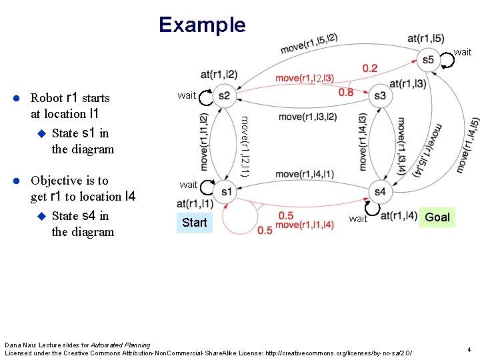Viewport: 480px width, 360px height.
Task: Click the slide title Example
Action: point(202,25)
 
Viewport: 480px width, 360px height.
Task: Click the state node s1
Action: point(226,192)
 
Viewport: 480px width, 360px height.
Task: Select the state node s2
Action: point(224,96)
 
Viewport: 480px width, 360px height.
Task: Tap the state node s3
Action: point(380,96)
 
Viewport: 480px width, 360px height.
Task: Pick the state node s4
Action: point(380,192)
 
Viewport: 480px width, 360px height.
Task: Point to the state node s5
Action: point(428,60)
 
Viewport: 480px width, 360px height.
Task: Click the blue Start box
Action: point(195,222)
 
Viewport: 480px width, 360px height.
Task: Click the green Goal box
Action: point(437,217)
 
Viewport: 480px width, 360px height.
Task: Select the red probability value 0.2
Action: point(370,68)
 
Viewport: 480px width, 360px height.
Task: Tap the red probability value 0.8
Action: point(346,92)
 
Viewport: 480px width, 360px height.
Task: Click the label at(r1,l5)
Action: point(427,38)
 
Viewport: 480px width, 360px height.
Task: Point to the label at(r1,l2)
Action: point(219,73)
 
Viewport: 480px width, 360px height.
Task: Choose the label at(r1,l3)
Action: point(407,84)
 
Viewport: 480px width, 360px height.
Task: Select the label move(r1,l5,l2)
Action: point(309,44)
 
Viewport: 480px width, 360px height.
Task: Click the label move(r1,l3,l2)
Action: point(307,117)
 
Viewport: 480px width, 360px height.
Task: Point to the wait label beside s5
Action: point(462,52)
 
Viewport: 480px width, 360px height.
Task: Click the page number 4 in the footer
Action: point(469,349)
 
